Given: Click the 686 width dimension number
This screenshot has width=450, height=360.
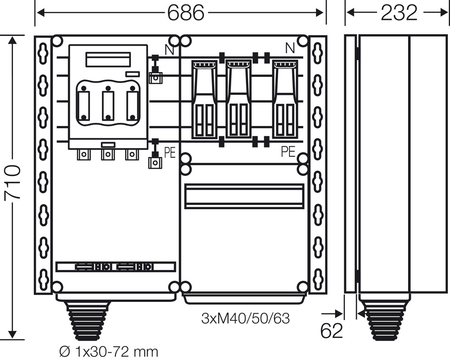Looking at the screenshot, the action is (186, 13).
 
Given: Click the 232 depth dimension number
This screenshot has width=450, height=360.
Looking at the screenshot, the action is (399, 13).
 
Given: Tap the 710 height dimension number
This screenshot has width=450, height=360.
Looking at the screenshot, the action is (13, 182).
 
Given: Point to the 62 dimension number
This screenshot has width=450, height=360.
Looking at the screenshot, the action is (332, 331).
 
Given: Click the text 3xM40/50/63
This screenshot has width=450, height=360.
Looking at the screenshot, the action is (245, 318).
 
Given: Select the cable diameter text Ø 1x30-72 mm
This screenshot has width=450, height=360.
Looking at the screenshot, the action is (109, 351).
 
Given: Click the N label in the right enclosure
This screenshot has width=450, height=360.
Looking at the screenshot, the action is (290, 48).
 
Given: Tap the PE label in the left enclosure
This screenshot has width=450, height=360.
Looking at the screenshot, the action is (170, 153).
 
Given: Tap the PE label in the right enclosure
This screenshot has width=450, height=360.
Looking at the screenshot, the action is (288, 151).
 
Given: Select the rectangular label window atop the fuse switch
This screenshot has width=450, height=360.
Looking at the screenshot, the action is (108, 59).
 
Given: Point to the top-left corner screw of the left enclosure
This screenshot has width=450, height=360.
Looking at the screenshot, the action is (57, 40).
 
